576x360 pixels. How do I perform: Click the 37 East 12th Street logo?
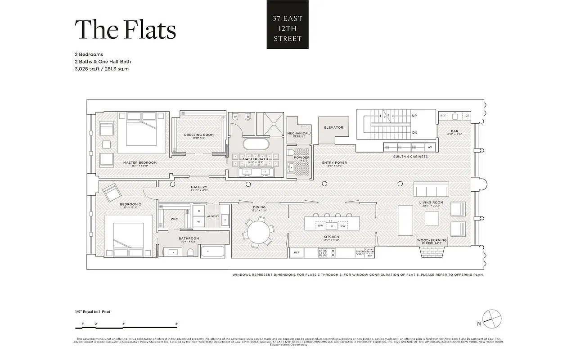tap(288, 25)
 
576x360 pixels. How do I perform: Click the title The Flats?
tap(125, 30)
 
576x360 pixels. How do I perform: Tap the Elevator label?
tap(333, 128)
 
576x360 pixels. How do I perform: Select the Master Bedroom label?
tap(140, 162)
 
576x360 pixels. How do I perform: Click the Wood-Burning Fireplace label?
tap(432, 242)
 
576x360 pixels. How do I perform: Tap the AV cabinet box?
tap(430, 147)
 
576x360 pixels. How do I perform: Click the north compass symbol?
tap(491, 318)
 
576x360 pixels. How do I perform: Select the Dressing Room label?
tap(198, 135)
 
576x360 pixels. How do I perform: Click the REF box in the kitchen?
tap(297, 253)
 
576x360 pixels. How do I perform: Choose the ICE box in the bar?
tap(467, 116)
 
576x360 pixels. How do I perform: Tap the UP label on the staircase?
tap(414, 116)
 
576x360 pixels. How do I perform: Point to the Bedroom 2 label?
tap(130, 205)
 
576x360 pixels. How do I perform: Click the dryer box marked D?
tap(199, 211)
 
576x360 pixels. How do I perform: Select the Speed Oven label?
tap(360, 253)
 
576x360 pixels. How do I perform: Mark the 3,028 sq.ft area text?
tap(89, 69)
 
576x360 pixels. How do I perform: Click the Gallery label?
tap(198, 187)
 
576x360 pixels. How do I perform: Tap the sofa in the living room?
tap(431, 189)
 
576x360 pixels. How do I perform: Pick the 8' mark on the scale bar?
tap(176, 324)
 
